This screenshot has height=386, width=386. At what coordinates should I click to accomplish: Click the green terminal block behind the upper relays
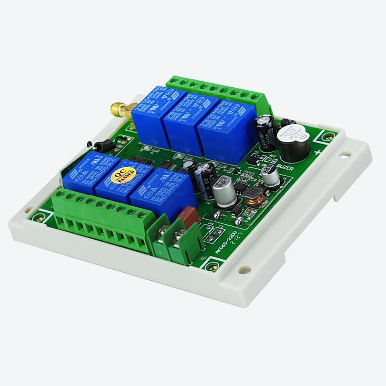pyautogui.click(x=217, y=90)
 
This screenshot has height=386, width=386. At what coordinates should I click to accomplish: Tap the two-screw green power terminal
pyautogui.click(x=175, y=240)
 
